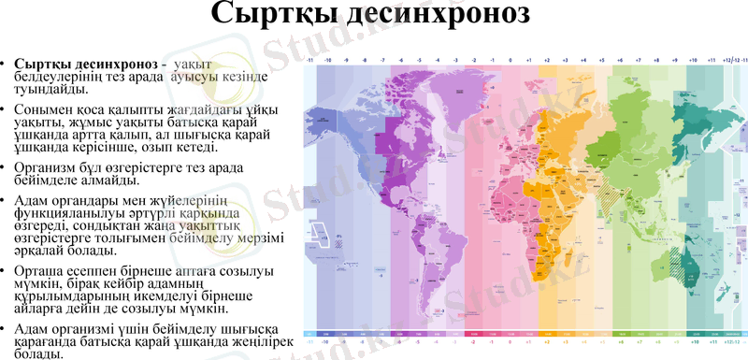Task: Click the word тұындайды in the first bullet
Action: point(51,89)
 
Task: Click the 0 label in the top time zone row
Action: point(510,60)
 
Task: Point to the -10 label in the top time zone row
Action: point(327,60)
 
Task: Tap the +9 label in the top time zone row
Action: point(674,60)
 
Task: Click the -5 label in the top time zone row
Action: point(418,60)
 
